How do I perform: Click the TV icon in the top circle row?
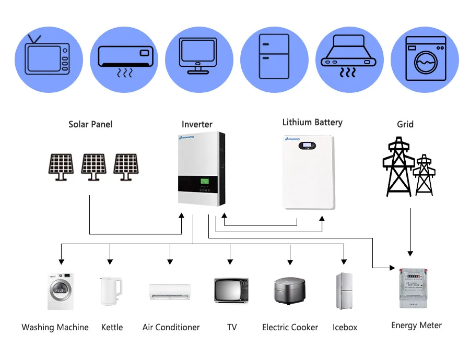[x=49, y=57]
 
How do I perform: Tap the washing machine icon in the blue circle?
[x=425, y=57]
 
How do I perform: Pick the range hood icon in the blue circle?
[x=349, y=57]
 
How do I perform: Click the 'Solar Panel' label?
[x=90, y=124]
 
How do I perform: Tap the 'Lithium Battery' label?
[x=312, y=123]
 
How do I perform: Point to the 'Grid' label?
[x=405, y=124]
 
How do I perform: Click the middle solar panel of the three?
[x=93, y=166]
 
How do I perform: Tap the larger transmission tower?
[x=398, y=167]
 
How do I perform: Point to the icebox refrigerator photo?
[x=344, y=290]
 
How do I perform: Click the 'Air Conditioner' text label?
[x=171, y=328]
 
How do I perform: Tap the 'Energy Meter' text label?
[x=416, y=326]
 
